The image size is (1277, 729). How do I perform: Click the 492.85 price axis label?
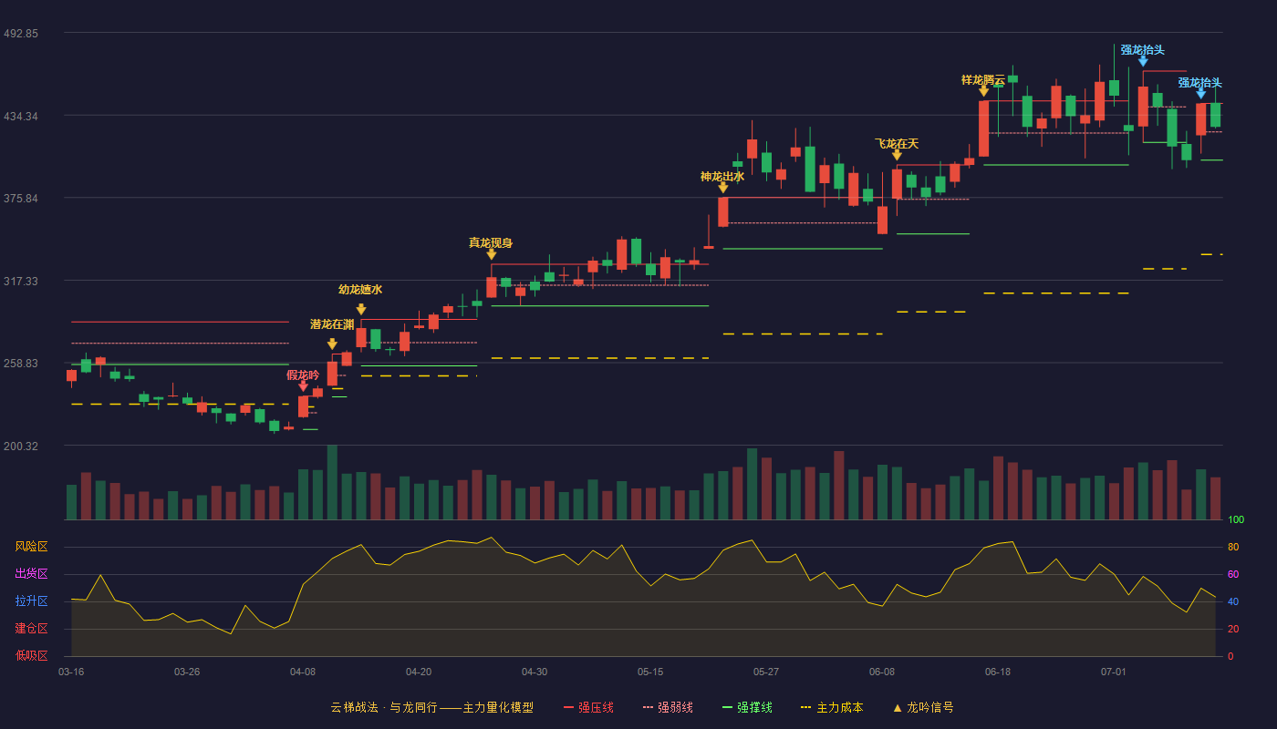point(21,34)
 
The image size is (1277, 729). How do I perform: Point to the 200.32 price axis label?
point(21,446)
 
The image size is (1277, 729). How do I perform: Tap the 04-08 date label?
point(303,673)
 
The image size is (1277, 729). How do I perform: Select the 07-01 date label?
point(1114,673)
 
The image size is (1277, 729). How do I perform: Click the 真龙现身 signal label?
point(491,243)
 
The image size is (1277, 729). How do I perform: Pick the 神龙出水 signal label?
point(722,177)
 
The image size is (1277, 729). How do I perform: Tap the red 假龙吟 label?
point(303,375)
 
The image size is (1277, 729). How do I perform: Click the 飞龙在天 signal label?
point(897,144)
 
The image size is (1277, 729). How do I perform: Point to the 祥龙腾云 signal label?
point(983,80)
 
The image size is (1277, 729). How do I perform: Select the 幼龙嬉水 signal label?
point(360,290)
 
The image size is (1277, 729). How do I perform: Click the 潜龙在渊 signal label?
point(332,324)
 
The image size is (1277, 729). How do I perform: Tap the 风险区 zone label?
point(31,547)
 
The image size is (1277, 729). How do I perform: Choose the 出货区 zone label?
point(31,573)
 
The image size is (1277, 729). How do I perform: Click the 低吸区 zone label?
point(31,655)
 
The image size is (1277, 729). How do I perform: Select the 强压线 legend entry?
point(589,708)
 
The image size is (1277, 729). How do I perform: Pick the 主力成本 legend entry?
point(832,708)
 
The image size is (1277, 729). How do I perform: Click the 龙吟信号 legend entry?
point(923,708)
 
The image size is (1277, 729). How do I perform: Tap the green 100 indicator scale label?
point(1236,519)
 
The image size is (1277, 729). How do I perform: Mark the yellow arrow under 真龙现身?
point(492,254)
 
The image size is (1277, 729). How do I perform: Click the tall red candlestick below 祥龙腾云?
point(983,128)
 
